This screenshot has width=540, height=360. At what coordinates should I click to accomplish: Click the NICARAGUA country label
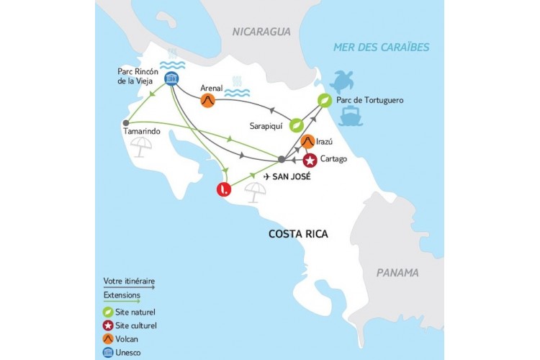click(x=261, y=32)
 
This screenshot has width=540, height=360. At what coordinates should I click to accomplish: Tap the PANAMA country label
click(x=397, y=273)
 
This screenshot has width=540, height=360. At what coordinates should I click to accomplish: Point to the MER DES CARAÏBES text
click(x=381, y=48)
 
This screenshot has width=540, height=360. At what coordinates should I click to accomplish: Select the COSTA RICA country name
click(x=298, y=234)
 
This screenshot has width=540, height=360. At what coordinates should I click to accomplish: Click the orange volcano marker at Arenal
click(x=208, y=101)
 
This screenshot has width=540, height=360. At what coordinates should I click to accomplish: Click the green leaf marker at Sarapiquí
click(x=295, y=125)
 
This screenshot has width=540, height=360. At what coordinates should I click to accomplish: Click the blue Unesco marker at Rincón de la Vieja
click(x=172, y=80)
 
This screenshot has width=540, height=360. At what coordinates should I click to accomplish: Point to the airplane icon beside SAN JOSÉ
click(x=269, y=176)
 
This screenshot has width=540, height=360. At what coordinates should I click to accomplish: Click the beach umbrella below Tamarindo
click(x=141, y=147)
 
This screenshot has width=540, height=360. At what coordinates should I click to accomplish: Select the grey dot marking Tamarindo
click(x=126, y=122)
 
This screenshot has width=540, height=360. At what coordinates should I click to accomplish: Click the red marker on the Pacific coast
click(x=225, y=190)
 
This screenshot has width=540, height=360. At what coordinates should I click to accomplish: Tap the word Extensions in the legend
click(x=122, y=295)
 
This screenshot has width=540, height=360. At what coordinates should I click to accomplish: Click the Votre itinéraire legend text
click(x=129, y=281)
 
